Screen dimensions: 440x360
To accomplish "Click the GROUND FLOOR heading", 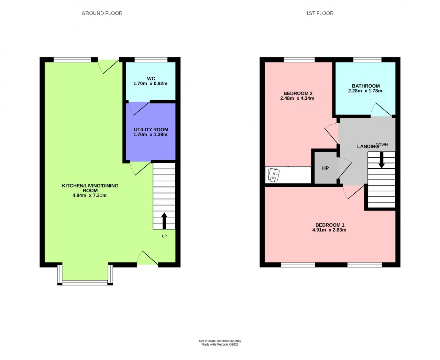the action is tap(102, 13).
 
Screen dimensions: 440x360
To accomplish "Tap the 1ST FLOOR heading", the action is tap(320, 13).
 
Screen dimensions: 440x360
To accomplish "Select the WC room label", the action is tap(151, 79).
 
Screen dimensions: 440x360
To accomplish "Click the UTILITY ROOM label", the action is tap(151, 130).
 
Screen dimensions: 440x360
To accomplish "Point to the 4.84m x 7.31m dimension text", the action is tap(89, 195).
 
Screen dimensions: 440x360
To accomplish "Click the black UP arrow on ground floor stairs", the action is tap(164, 221).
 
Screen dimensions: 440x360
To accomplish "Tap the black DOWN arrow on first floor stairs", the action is tap(382, 160).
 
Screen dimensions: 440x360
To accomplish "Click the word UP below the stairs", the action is tap(164, 236).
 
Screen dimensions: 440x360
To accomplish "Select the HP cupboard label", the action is tap(326, 168).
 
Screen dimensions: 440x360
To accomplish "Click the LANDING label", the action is tap(368, 147).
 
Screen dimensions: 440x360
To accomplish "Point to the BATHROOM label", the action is tap(366, 86).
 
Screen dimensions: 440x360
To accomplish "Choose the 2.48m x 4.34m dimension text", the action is tap(297, 98).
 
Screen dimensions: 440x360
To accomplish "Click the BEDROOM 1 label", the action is tap(330, 225).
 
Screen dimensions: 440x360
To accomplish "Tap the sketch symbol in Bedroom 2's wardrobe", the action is tap(274, 175).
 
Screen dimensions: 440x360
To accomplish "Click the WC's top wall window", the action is tap(151, 60).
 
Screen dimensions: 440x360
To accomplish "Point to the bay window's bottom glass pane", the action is tap(85, 283).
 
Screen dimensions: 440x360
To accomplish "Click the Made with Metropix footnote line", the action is tap(220, 345).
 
